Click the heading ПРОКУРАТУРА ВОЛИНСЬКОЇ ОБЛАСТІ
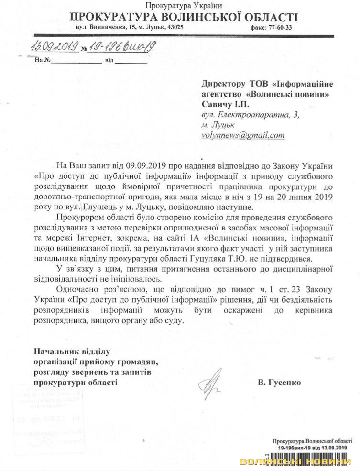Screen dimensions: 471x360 184,18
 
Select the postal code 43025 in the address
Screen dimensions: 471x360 173,28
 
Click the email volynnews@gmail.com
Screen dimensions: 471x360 242,135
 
